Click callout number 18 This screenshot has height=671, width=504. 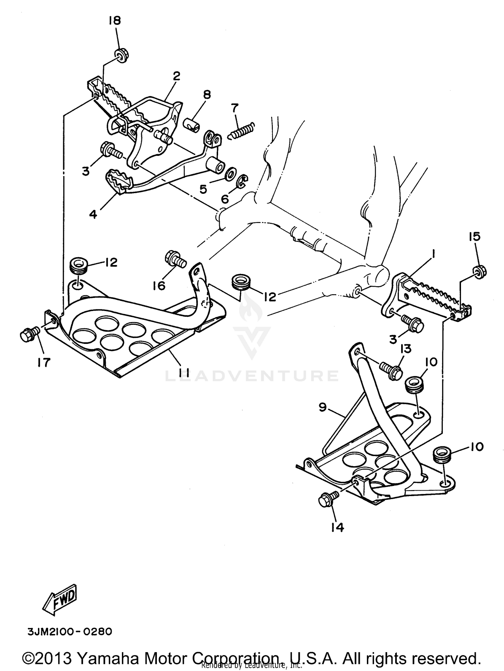[x=114, y=21]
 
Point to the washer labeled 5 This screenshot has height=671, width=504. [x=230, y=174]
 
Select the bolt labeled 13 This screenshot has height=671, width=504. [x=391, y=370]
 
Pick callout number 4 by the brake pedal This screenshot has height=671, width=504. [x=93, y=214]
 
